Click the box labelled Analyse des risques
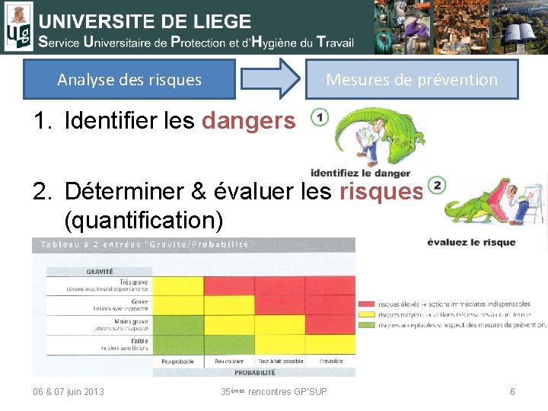129,79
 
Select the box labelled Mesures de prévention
411,79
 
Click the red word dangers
248,120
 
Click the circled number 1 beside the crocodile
320,118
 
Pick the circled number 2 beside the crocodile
436,185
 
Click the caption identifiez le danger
360,173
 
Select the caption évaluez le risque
471,242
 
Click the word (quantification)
145,221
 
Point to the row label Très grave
139,282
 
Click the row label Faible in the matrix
139,341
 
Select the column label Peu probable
179,361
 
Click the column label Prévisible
330,361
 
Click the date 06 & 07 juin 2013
68,391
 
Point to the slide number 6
512,391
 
